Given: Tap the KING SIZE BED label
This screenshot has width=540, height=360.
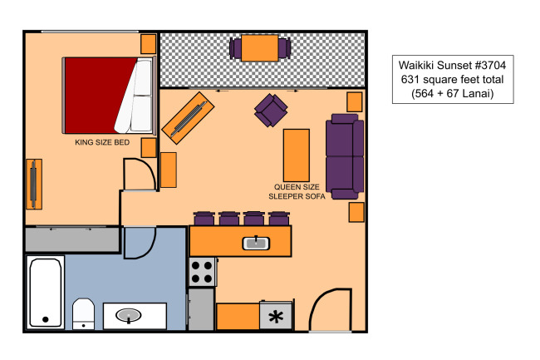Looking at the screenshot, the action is click(102, 142).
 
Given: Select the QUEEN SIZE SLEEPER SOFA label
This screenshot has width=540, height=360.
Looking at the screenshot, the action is click(297, 191).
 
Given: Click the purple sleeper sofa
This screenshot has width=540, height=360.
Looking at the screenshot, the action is click(345, 157).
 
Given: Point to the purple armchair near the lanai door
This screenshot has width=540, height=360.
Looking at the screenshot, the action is click(271, 111).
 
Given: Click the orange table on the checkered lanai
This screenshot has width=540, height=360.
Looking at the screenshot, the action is click(260, 48).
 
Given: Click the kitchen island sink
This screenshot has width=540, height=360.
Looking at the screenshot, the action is click(256, 244).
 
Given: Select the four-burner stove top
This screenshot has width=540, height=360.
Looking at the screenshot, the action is click(203, 272).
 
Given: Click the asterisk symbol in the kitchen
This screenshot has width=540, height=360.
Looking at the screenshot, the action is click(276, 317).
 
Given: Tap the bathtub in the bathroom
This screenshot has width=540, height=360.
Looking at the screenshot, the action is click(46, 292).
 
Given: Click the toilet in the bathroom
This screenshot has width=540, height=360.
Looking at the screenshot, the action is click(83, 313).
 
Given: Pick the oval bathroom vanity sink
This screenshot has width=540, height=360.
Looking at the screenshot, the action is click(129, 315).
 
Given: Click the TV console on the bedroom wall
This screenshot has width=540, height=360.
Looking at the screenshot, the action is click(34, 184).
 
